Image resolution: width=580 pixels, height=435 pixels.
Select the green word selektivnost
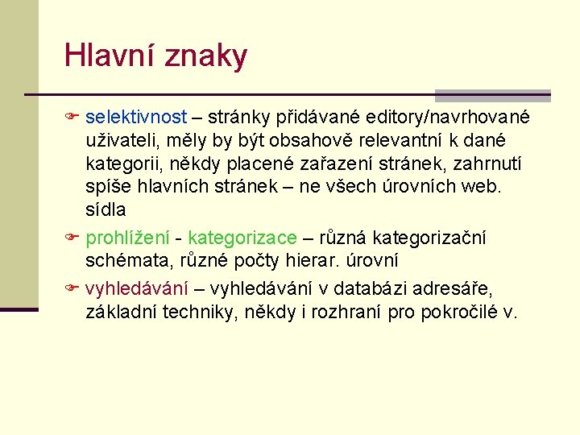136,118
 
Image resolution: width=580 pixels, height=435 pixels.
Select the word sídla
106,210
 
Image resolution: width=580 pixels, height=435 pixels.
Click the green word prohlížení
127,238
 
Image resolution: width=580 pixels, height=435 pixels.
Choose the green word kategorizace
242,238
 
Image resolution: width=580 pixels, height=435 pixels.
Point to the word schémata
125,262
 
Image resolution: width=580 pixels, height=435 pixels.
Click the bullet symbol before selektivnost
71,118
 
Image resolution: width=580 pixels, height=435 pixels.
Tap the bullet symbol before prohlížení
71,238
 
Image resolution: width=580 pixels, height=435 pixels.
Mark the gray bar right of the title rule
492,94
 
